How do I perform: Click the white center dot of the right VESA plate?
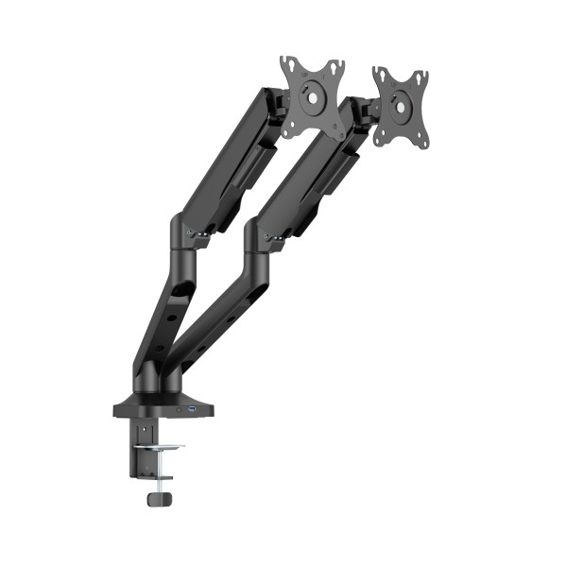(400, 107)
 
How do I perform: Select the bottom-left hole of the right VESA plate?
(378, 139)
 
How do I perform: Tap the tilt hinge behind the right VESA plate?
(365, 114)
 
